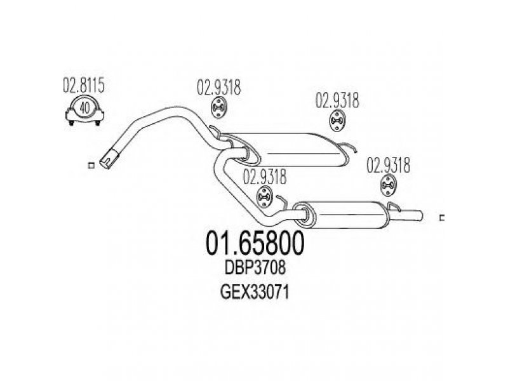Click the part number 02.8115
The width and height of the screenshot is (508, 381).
[x=84, y=86]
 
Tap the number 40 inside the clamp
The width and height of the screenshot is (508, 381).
[x=84, y=108]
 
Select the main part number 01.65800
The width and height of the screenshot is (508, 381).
[x=255, y=243]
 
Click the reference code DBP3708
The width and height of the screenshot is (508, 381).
[x=255, y=268]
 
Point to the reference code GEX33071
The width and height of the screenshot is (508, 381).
[x=255, y=293]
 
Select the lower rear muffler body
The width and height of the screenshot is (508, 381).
[x=344, y=214]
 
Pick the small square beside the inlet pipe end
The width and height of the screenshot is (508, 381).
[x=91, y=165]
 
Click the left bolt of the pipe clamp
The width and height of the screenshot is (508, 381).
[x=71, y=123]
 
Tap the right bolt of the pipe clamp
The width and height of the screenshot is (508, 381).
[x=98, y=123]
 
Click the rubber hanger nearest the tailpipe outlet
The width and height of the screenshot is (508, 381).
[x=388, y=185]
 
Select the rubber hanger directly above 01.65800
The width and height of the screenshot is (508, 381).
[x=264, y=197]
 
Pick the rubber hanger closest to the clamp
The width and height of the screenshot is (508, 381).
[x=219, y=107]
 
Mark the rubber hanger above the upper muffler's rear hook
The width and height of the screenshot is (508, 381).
[x=337, y=121]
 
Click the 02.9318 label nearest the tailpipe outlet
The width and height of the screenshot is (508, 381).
[x=388, y=165]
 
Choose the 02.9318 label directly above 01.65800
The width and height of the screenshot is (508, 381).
[x=265, y=177]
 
